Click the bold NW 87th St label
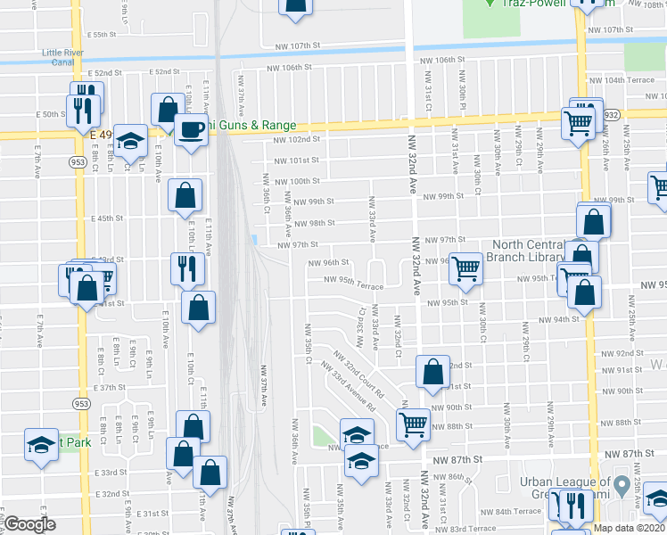point(453,458)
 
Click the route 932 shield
point(610,116)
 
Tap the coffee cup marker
point(191,130)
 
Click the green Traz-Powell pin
point(489,4)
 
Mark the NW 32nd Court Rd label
point(360,372)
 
